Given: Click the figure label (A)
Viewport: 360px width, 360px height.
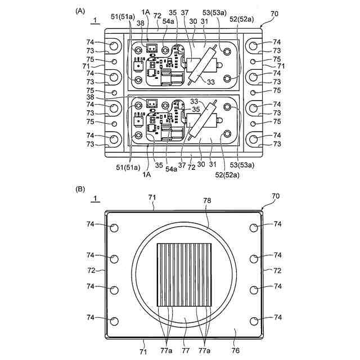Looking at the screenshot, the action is point(80,11).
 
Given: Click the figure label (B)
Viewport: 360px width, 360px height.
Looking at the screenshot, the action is point(80,189).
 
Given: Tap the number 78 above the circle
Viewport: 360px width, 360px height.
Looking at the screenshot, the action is point(207,201).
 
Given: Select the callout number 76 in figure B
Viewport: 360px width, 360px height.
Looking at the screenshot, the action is point(236,350).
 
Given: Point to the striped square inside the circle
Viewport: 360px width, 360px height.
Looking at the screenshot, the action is point(184,275).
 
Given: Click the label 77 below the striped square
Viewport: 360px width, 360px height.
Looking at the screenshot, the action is point(186,350).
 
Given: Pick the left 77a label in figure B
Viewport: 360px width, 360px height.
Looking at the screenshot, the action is point(166,350).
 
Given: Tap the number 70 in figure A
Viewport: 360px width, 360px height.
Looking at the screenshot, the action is point(274,13).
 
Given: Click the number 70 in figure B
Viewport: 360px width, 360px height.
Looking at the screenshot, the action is point(276,196).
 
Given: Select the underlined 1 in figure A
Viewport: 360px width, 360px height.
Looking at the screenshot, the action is point(95,21).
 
